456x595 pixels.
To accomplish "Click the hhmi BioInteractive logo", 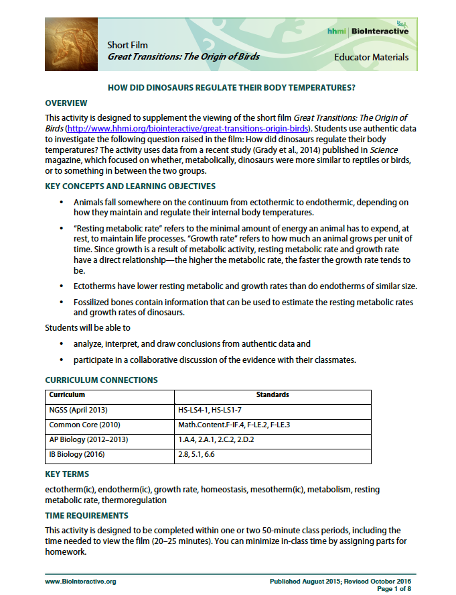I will coord(368,31).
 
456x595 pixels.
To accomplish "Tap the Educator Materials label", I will coord(371,58).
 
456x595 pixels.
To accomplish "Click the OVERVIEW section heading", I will coord(66,103).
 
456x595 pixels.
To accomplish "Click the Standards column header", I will coord(272,395).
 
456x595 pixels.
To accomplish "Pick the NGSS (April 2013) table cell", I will coord(79,409).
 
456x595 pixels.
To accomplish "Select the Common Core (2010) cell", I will coord(82,425).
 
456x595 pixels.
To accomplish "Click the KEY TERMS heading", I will coord(66,474).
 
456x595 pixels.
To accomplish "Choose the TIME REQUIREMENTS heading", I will coord(86,516).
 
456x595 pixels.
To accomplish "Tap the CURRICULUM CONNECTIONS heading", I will coord(101,380).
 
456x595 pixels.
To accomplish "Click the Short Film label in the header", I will coord(127,45).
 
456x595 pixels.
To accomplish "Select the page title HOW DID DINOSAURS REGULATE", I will coord(231,88).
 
